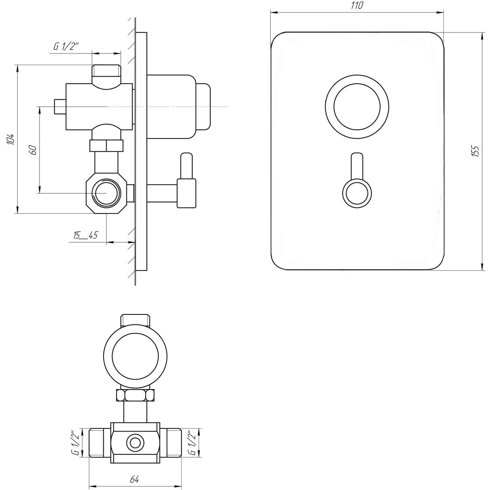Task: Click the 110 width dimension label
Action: pos(357,6)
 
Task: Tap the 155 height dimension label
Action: pos(475,151)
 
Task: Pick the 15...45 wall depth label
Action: pos(85,235)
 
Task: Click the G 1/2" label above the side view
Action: pos(66,46)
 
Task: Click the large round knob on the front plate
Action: pos(357,107)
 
